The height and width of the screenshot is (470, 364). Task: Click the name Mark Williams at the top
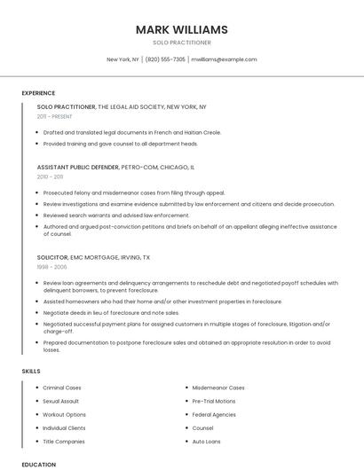pyautogui.click(x=181, y=29)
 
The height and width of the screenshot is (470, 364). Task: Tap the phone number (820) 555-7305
pyautogui.click(x=165, y=59)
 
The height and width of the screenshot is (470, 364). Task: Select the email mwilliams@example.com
pyautogui.click(x=224, y=59)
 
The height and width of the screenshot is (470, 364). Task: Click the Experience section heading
pyautogui.click(x=38, y=93)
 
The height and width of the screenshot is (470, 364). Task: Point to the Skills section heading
pyautogui.click(x=31, y=371)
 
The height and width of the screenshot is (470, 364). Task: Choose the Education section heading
pyautogui.click(x=39, y=464)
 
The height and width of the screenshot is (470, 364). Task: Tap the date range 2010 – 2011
pyautogui.click(x=50, y=176)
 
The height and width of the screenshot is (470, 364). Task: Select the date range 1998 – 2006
pyautogui.click(x=51, y=266)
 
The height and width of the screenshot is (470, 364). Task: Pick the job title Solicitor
pyautogui.click(x=51, y=256)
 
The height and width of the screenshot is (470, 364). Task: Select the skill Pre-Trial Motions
pyautogui.click(x=214, y=401)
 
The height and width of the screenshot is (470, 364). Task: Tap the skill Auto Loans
pyautogui.click(x=206, y=441)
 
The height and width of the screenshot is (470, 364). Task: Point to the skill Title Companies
pyautogui.click(x=64, y=441)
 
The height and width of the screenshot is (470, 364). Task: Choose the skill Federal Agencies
pyautogui.click(x=214, y=414)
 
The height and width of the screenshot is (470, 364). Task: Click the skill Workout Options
pyautogui.click(x=65, y=414)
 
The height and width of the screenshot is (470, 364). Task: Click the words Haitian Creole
pyautogui.click(x=203, y=132)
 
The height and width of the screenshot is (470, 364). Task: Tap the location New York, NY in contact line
pyautogui.click(x=123, y=59)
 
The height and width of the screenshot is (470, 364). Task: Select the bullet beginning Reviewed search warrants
pyautogui.click(x=115, y=215)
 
